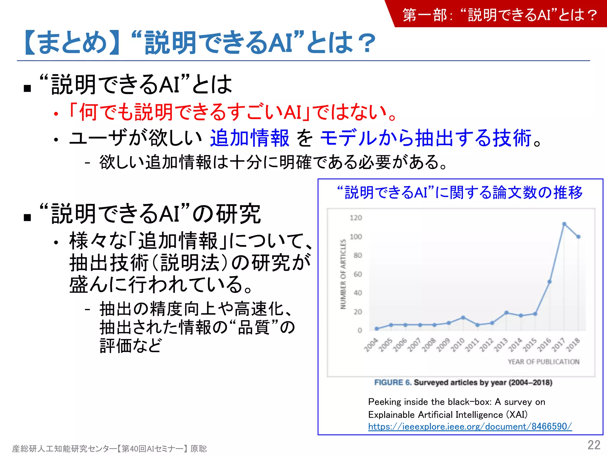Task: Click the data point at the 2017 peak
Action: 564,224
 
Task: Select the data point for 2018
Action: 578,237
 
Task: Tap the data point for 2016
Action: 550,282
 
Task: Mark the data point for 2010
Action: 463,318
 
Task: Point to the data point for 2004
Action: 376,329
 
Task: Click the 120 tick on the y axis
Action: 356,218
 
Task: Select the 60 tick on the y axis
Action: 357,274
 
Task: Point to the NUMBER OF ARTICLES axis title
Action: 343,274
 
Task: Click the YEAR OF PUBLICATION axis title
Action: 543,362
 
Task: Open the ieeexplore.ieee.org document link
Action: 470,426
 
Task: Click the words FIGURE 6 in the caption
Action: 393,382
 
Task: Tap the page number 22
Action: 594,445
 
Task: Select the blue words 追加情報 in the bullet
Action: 250,138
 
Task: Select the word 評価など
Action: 131,345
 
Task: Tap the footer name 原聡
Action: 199,448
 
